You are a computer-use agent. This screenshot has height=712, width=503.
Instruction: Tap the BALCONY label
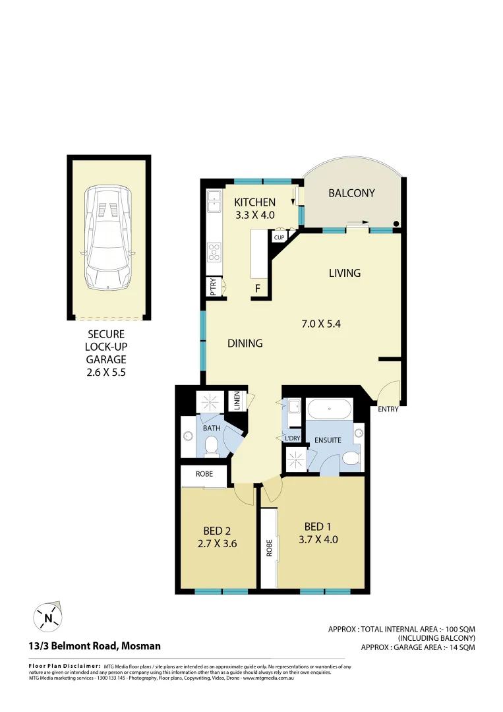point(351,193)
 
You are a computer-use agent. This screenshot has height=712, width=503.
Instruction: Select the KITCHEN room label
point(254,202)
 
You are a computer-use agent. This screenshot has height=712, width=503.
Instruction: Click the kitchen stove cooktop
point(215,252)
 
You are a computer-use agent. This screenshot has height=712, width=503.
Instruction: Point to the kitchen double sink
point(214,200)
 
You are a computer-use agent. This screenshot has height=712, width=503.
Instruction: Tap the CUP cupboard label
point(279,237)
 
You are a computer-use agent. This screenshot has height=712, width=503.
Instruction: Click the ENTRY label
point(388,409)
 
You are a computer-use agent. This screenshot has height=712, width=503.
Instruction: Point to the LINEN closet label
point(236,401)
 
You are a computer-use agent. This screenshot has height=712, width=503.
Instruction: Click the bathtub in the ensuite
point(328,410)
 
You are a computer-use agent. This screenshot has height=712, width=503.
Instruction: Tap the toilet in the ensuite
point(351,458)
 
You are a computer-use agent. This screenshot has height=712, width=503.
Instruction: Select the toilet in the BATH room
point(212,448)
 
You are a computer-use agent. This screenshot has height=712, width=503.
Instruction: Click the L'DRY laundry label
point(293,438)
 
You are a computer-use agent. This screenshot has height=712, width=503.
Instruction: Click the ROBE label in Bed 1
point(269,549)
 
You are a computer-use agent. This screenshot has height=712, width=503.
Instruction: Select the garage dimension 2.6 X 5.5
point(105,372)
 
